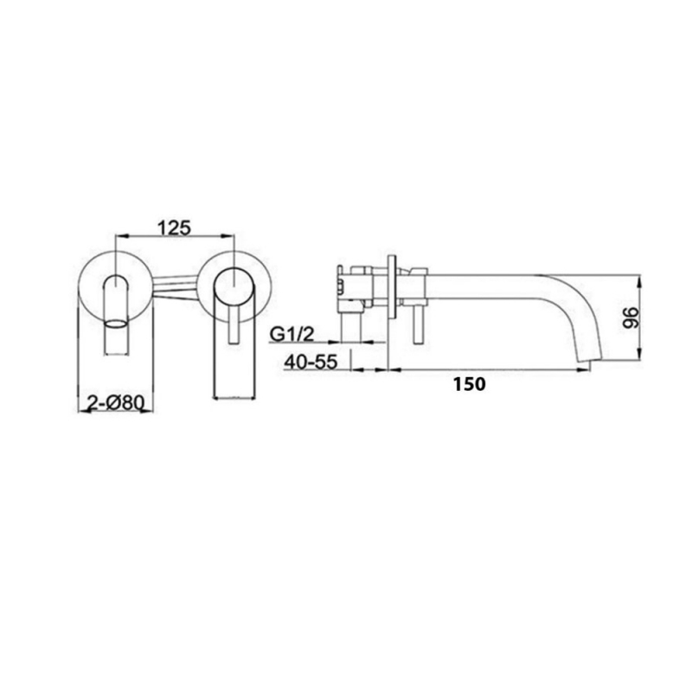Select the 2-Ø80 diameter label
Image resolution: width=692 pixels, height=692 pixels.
[x=115, y=402]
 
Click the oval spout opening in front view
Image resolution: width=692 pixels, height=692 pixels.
[x=115, y=325]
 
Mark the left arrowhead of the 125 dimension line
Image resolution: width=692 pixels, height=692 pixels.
[x=119, y=234]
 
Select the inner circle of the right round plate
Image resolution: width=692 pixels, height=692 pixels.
[x=234, y=284]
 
